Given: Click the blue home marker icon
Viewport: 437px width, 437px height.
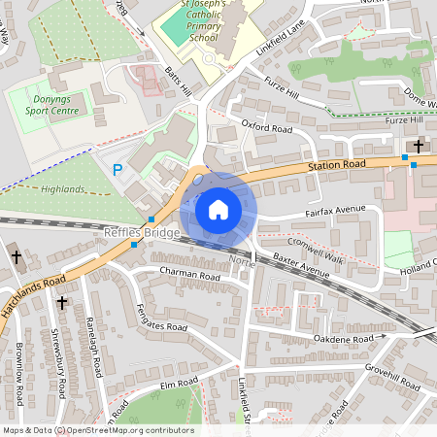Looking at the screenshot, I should pos(218,210).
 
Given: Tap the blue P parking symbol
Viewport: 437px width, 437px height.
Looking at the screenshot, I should pos(118,170).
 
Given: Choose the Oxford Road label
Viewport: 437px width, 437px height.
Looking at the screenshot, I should pos(267,127).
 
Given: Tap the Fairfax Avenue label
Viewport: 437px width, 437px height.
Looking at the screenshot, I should pos(334,208).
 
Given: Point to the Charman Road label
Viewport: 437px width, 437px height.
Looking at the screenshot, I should pos(190,276).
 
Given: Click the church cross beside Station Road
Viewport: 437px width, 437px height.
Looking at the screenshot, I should pos(419,147).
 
